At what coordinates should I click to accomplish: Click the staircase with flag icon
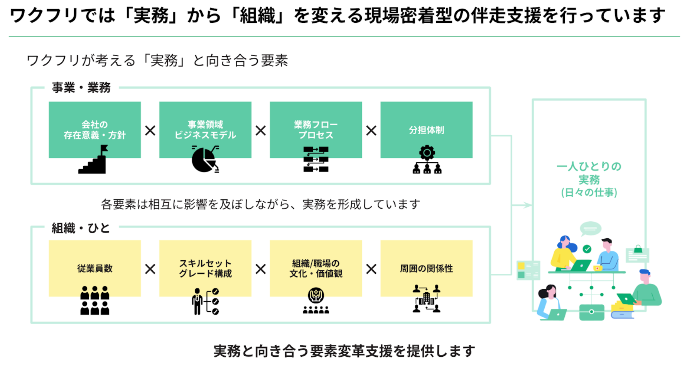93,160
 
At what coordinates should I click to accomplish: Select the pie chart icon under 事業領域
204,159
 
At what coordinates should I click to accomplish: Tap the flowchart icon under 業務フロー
316,159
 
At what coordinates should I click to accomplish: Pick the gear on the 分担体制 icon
427,152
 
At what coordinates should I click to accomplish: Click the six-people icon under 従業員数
95,300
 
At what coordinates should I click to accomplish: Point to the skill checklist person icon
205,301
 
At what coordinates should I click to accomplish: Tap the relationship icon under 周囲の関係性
426,298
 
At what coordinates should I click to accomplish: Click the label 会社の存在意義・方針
95,130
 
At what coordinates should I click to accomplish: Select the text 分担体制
426,130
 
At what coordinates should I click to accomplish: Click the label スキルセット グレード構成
205,268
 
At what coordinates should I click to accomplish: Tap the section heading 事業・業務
81,88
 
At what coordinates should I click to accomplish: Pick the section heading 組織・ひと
81,228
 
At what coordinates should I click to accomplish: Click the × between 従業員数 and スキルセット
150,269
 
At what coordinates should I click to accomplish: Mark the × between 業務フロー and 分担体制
371,131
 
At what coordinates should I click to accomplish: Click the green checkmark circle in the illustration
587,249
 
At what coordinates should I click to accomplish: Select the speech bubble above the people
590,229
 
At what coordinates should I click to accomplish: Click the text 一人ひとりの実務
589,173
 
